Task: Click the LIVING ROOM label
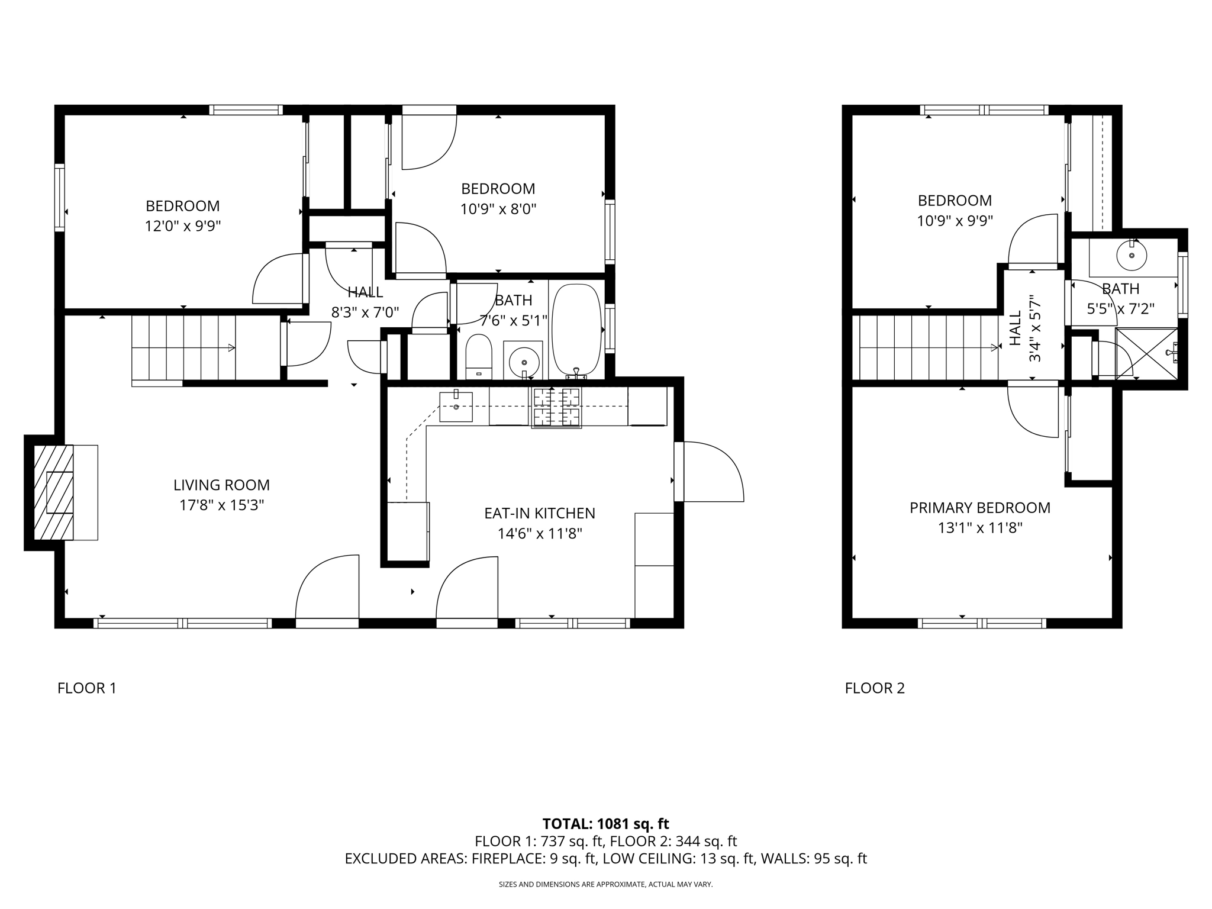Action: pyautogui.click(x=221, y=485)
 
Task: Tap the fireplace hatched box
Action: pyautogui.click(x=54, y=492)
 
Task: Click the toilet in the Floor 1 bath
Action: pyautogui.click(x=479, y=356)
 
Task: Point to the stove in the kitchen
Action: pyautogui.click(x=556, y=407)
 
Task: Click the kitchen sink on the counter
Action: pyautogui.click(x=456, y=407)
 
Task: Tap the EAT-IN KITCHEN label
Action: pyautogui.click(x=539, y=514)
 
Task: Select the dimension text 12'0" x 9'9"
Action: pyautogui.click(x=182, y=226)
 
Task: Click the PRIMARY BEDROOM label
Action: pyautogui.click(x=979, y=508)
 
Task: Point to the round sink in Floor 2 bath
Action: pyautogui.click(x=1131, y=256)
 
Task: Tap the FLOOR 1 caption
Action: pyautogui.click(x=87, y=688)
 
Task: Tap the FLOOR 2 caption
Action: pyautogui.click(x=875, y=688)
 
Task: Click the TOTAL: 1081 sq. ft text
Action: pyautogui.click(x=605, y=824)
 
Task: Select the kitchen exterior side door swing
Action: pyautogui.click(x=710, y=472)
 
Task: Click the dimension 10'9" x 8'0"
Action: pyautogui.click(x=498, y=209)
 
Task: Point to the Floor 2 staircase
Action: pyautogui.click(x=926, y=348)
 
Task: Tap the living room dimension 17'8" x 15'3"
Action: pyautogui.click(x=221, y=505)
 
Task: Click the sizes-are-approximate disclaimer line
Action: pyautogui.click(x=605, y=885)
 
